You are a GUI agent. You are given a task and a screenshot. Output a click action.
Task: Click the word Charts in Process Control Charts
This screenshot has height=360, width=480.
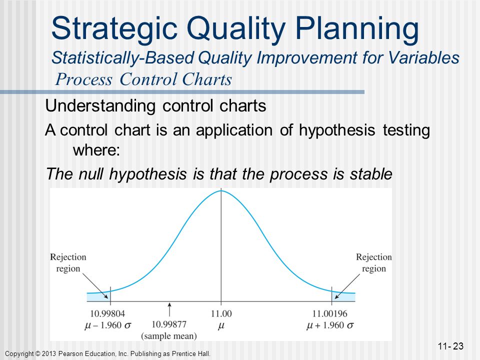[207, 79]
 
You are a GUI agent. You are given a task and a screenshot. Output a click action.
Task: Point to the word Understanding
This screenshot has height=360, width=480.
[100, 106]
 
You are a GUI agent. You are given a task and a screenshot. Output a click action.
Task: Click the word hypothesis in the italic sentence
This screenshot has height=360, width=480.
[148, 174]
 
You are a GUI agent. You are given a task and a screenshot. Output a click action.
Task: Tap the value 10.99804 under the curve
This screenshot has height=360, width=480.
[107, 314]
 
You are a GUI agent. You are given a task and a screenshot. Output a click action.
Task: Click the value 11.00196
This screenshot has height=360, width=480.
[329, 314]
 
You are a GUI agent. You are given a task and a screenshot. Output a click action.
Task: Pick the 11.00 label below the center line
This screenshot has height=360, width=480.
[221, 314]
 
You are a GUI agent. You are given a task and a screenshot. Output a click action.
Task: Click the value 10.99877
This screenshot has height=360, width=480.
[169, 324]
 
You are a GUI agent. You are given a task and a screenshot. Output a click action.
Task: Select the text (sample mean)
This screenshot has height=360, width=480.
[169, 336]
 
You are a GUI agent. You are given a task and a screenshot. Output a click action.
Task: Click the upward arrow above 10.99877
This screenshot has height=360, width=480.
[169, 309]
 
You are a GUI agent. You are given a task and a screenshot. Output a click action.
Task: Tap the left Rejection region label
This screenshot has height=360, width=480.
[68, 262]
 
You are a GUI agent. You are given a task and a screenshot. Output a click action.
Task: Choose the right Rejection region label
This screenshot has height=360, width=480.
[374, 262]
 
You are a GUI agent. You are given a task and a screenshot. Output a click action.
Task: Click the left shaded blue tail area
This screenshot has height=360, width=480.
[98, 296]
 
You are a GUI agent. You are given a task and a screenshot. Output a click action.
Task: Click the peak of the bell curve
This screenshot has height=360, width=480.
[221, 190]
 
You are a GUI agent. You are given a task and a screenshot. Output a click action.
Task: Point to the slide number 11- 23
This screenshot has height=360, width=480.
[450, 346]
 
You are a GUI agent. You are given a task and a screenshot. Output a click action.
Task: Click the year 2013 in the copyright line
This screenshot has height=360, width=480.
[48, 354]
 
